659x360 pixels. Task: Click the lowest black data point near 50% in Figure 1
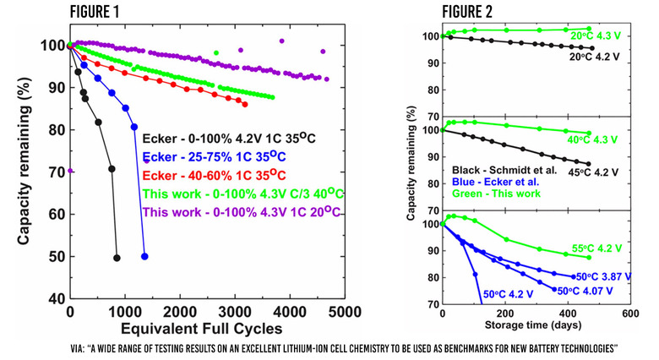click(117, 257)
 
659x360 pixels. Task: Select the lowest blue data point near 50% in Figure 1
click(144, 256)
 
